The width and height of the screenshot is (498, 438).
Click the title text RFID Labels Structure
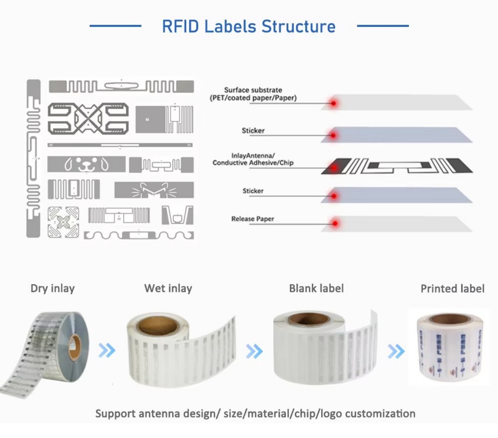(249, 26)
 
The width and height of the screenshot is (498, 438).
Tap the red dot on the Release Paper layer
(334, 224)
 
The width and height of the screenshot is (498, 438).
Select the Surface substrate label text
(253, 94)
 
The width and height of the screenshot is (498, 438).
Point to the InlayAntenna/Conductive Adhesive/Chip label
(253, 159)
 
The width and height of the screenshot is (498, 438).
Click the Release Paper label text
(252, 219)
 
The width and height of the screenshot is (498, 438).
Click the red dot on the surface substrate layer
(333, 104)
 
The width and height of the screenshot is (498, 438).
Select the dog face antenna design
(86, 164)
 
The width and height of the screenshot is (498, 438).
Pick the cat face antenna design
(154, 190)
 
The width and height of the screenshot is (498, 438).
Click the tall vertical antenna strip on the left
(33, 158)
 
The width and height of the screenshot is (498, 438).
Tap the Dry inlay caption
(52, 288)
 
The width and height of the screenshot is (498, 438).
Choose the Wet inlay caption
(168, 288)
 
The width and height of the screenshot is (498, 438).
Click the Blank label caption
(316, 288)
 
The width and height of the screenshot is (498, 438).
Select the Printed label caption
(452, 289)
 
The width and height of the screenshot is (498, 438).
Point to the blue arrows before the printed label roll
(396, 351)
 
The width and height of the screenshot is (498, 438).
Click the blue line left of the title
(115, 26)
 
